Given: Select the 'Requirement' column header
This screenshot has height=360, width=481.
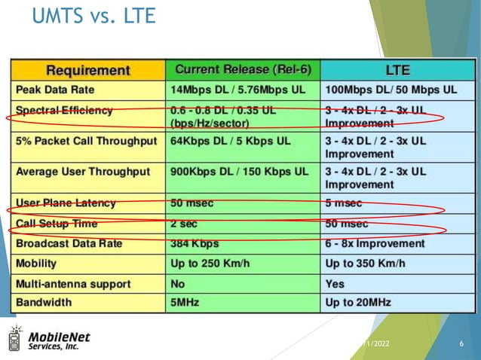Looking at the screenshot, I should pyautogui.click(x=87, y=70).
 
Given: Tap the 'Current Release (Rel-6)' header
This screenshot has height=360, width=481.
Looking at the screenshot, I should pyautogui.click(x=242, y=69).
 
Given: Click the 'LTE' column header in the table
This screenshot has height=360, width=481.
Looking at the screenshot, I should pyautogui.click(x=397, y=70).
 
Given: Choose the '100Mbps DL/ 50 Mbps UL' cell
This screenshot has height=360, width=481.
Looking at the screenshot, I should pyautogui.click(x=391, y=89).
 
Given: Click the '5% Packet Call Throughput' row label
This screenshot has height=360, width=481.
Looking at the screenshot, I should pyautogui.click(x=86, y=141).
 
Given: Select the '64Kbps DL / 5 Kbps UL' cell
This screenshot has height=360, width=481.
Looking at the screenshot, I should pyautogui.click(x=231, y=141).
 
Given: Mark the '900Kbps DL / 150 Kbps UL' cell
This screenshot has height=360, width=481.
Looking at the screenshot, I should pyautogui.click(x=240, y=172).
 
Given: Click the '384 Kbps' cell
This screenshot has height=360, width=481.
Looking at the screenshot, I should pyautogui.click(x=195, y=244).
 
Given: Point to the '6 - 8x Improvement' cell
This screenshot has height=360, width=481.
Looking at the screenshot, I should pyautogui.click(x=375, y=244).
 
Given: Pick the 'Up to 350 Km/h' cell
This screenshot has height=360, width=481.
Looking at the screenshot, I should pyautogui.click(x=365, y=264).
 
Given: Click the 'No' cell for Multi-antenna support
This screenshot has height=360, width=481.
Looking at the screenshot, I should pyautogui.click(x=179, y=284).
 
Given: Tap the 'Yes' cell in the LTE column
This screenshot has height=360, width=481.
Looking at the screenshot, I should pyautogui.click(x=335, y=284).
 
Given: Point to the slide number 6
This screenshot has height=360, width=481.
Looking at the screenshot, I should pyautogui.click(x=461, y=344).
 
